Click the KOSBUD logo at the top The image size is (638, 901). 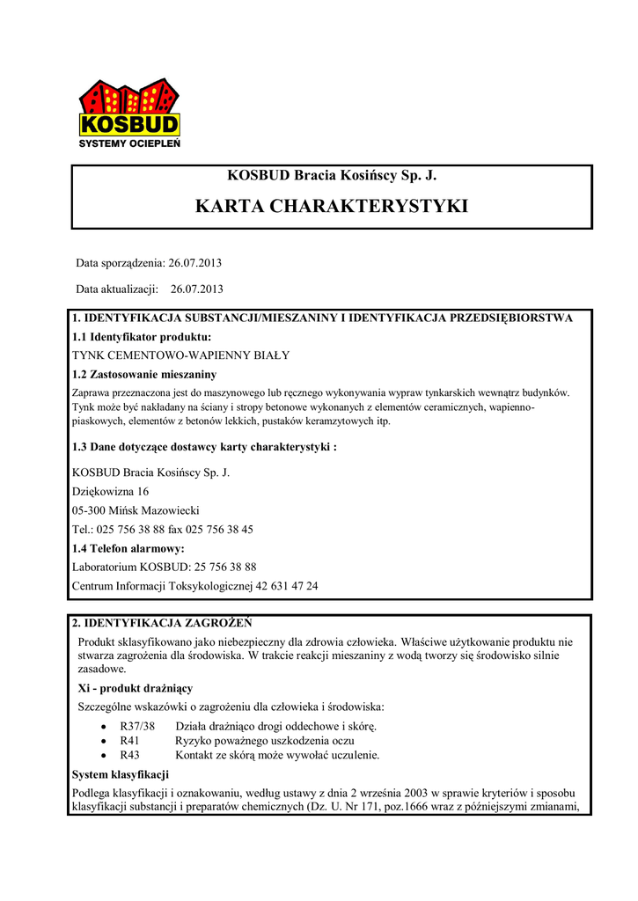pyautogui.click(x=129, y=113)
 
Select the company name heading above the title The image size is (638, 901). pyautogui.click(x=332, y=175)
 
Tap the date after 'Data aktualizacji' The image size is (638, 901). pyautogui.click(x=197, y=288)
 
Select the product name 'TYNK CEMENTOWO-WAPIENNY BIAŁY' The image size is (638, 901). pyautogui.click(x=180, y=355)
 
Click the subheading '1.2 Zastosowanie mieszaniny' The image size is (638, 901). pyautogui.click(x=143, y=375)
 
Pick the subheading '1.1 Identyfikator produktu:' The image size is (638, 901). pyautogui.click(x=142, y=337)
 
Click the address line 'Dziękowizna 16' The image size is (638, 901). pyautogui.click(x=110, y=491)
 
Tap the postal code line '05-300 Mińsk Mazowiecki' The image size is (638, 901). pyautogui.click(x=136, y=510)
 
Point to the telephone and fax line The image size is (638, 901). pyautogui.click(x=163, y=530)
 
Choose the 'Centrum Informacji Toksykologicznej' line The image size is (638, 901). pyautogui.click(x=194, y=585)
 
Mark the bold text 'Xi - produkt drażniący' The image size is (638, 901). pyautogui.click(x=136, y=688)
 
